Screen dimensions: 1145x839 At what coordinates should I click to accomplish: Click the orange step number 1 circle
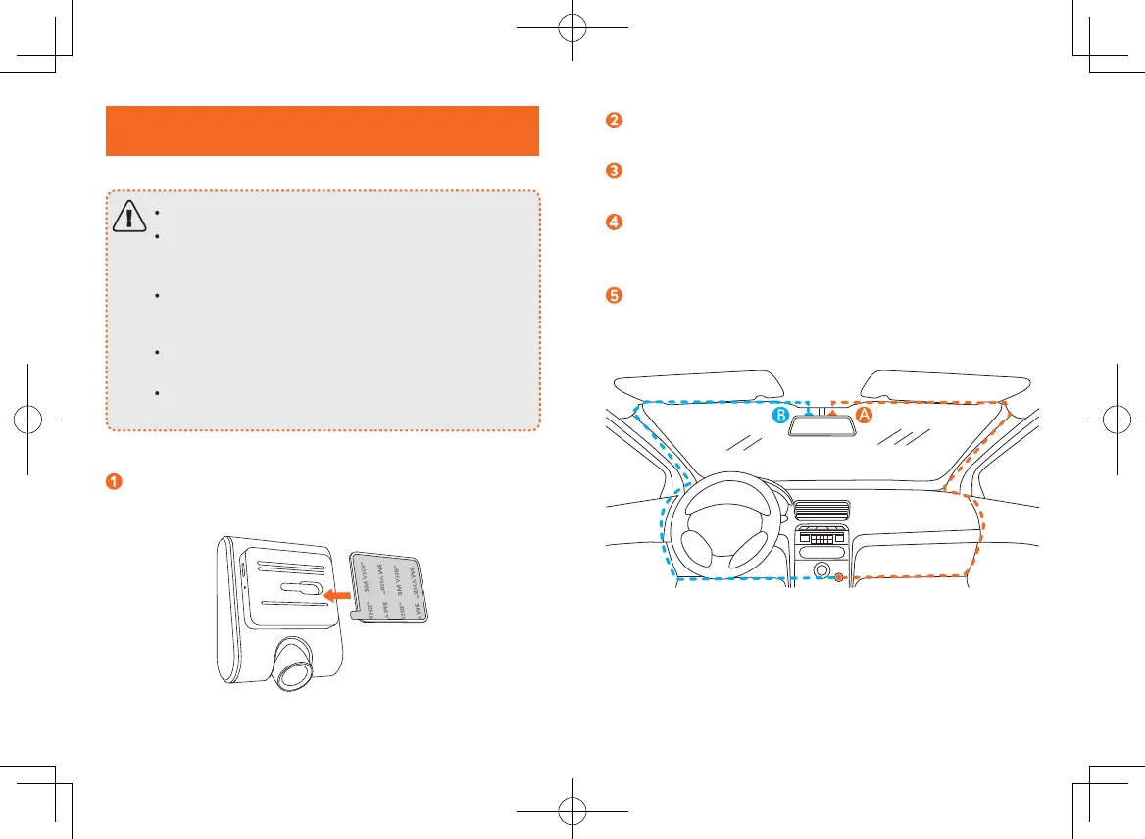(115, 481)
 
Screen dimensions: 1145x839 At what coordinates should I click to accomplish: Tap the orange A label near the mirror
(865, 416)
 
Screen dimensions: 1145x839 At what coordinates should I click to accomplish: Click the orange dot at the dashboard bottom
(839, 577)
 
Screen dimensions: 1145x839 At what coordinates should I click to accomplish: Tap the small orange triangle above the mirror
(832, 414)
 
